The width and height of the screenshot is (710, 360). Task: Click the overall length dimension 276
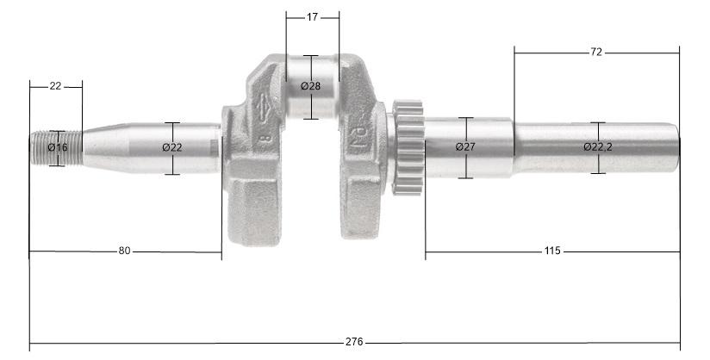click(353, 342)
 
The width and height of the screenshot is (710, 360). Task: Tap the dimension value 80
click(124, 251)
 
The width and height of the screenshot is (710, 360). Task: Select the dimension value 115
click(552, 251)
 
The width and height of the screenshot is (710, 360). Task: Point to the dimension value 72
click(596, 53)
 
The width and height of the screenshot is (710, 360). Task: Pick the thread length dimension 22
click(55, 85)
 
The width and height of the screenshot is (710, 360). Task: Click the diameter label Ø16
click(57, 147)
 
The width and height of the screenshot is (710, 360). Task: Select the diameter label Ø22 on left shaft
click(172, 147)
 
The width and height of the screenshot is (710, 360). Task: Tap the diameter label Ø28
click(310, 86)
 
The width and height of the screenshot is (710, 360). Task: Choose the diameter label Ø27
click(465, 147)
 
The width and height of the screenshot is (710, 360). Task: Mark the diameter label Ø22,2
click(598, 147)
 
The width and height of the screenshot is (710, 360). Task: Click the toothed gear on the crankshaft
click(408, 146)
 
